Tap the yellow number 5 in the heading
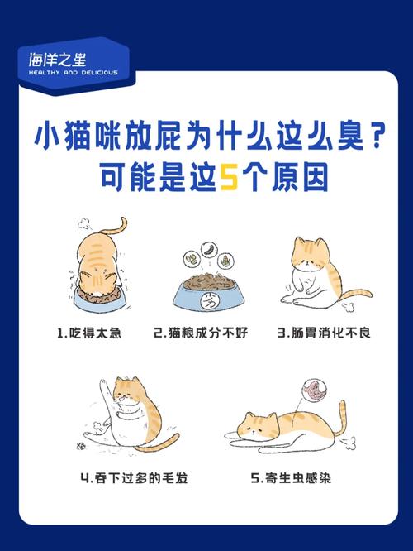click(x=226, y=177)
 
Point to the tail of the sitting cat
click(x=351, y=295)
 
